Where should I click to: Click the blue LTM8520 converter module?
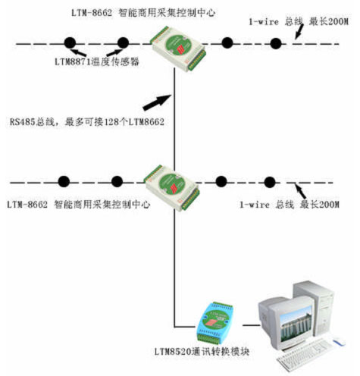click(x=214, y=323)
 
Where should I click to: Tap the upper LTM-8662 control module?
click(x=178, y=49)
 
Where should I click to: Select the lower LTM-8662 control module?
click(x=172, y=188)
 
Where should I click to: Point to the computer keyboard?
click(x=302, y=355)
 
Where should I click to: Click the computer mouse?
click(x=339, y=342)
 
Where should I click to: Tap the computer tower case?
click(x=314, y=309)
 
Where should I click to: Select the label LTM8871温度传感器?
click(x=97, y=61)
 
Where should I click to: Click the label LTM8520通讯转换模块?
click(x=202, y=352)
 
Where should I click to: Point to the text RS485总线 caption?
click(x=87, y=122)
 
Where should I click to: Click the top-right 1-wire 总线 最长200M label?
click(x=299, y=21)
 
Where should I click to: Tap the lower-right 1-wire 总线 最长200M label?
click(x=290, y=204)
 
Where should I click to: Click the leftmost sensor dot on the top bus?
click(x=70, y=43)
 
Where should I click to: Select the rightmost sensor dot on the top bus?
click(x=276, y=43)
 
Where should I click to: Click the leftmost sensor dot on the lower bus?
click(x=64, y=181)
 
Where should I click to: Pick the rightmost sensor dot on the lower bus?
click(x=270, y=182)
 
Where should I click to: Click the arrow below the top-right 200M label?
click(x=299, y=32)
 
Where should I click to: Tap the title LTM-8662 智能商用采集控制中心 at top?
click(x=143, y=13)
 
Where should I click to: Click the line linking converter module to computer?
click(x=251, y=325)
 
